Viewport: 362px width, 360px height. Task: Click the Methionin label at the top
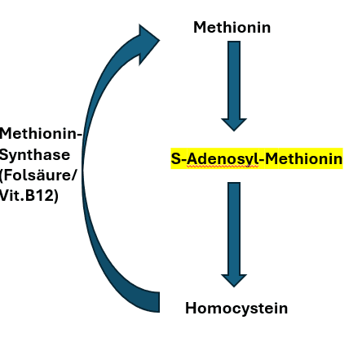(x=232, y=28)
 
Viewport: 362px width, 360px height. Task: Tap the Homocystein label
(x=236, y=309)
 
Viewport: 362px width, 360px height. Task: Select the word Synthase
(x=35, y=156)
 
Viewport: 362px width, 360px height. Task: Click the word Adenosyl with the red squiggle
(x=223, y=158)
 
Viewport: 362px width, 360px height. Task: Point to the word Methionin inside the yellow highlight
(x=303, y=158)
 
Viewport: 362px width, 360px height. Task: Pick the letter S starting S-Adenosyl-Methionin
(x=176, y=158)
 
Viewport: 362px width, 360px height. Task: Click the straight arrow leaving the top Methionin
(x=234, y=86)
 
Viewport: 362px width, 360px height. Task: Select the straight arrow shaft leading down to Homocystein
(x=234, y=229)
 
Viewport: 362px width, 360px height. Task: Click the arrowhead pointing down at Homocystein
(x=234, y=280)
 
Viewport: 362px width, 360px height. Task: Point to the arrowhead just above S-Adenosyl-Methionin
(x=234, y=125)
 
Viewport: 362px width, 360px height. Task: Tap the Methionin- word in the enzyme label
(x=41, y=134)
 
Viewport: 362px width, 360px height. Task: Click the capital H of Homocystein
(x=191, y=309)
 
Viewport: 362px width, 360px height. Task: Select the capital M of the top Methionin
(x=200, y=28)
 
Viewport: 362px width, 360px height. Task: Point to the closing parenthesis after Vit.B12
(x=56, y=196)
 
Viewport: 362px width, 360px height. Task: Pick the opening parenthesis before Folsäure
(x=2, y=176)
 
